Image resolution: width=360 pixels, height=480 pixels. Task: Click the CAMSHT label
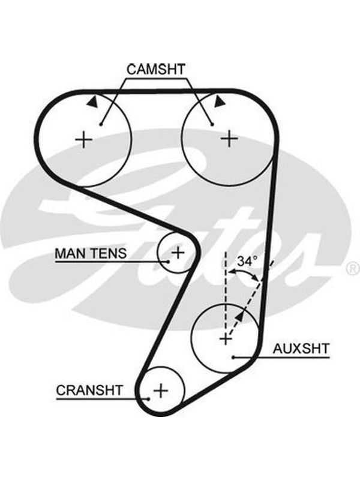click(x=156, y=70)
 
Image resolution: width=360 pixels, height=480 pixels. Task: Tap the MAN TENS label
click(x=91, y=253)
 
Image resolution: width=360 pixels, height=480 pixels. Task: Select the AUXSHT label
click(x=301, y=349)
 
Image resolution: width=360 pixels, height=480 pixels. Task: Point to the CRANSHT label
click(x=89, y=391)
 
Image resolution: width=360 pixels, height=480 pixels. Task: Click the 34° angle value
click(x=247, y=261)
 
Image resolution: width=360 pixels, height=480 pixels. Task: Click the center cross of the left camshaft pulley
click(x=84, y=140)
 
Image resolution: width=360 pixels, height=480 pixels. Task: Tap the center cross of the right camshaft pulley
click(x=229, y=139)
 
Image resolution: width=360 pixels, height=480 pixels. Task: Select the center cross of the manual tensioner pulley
click(x=178, y=253)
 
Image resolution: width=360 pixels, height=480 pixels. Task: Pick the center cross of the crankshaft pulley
click(x=161, y=391)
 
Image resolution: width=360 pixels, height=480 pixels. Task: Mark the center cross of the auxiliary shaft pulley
click(x=226, y=339)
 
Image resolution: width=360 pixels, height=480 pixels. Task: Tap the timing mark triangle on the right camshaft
click(x=219, y=101)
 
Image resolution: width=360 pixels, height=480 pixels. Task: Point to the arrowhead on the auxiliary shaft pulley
click(x=241, y=316)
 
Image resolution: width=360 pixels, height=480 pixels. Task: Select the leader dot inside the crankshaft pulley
click(x=148, y=399)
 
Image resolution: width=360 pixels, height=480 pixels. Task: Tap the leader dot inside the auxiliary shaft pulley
click(x=233, y=357)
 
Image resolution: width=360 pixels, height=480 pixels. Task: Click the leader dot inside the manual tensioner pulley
click(x=168, y=262)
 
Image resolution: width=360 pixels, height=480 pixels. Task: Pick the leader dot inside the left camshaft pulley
click(x=101, y=124)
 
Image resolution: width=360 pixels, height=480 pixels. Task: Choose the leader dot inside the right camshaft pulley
click(x=212, y=124)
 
